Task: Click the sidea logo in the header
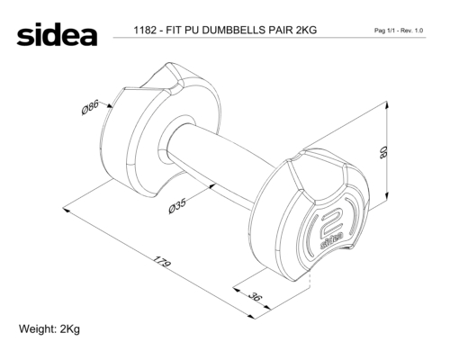[57, 34]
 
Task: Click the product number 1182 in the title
[145, 31]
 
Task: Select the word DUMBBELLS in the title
[233, 31]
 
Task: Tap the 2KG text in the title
[306, 31]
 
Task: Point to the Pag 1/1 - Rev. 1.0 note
[399, 31]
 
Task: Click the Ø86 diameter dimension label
[90, 107]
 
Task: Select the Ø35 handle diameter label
[177, 205]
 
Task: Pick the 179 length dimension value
[162, 261]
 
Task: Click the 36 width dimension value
[255, 296]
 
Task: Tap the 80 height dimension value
[383, 152]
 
